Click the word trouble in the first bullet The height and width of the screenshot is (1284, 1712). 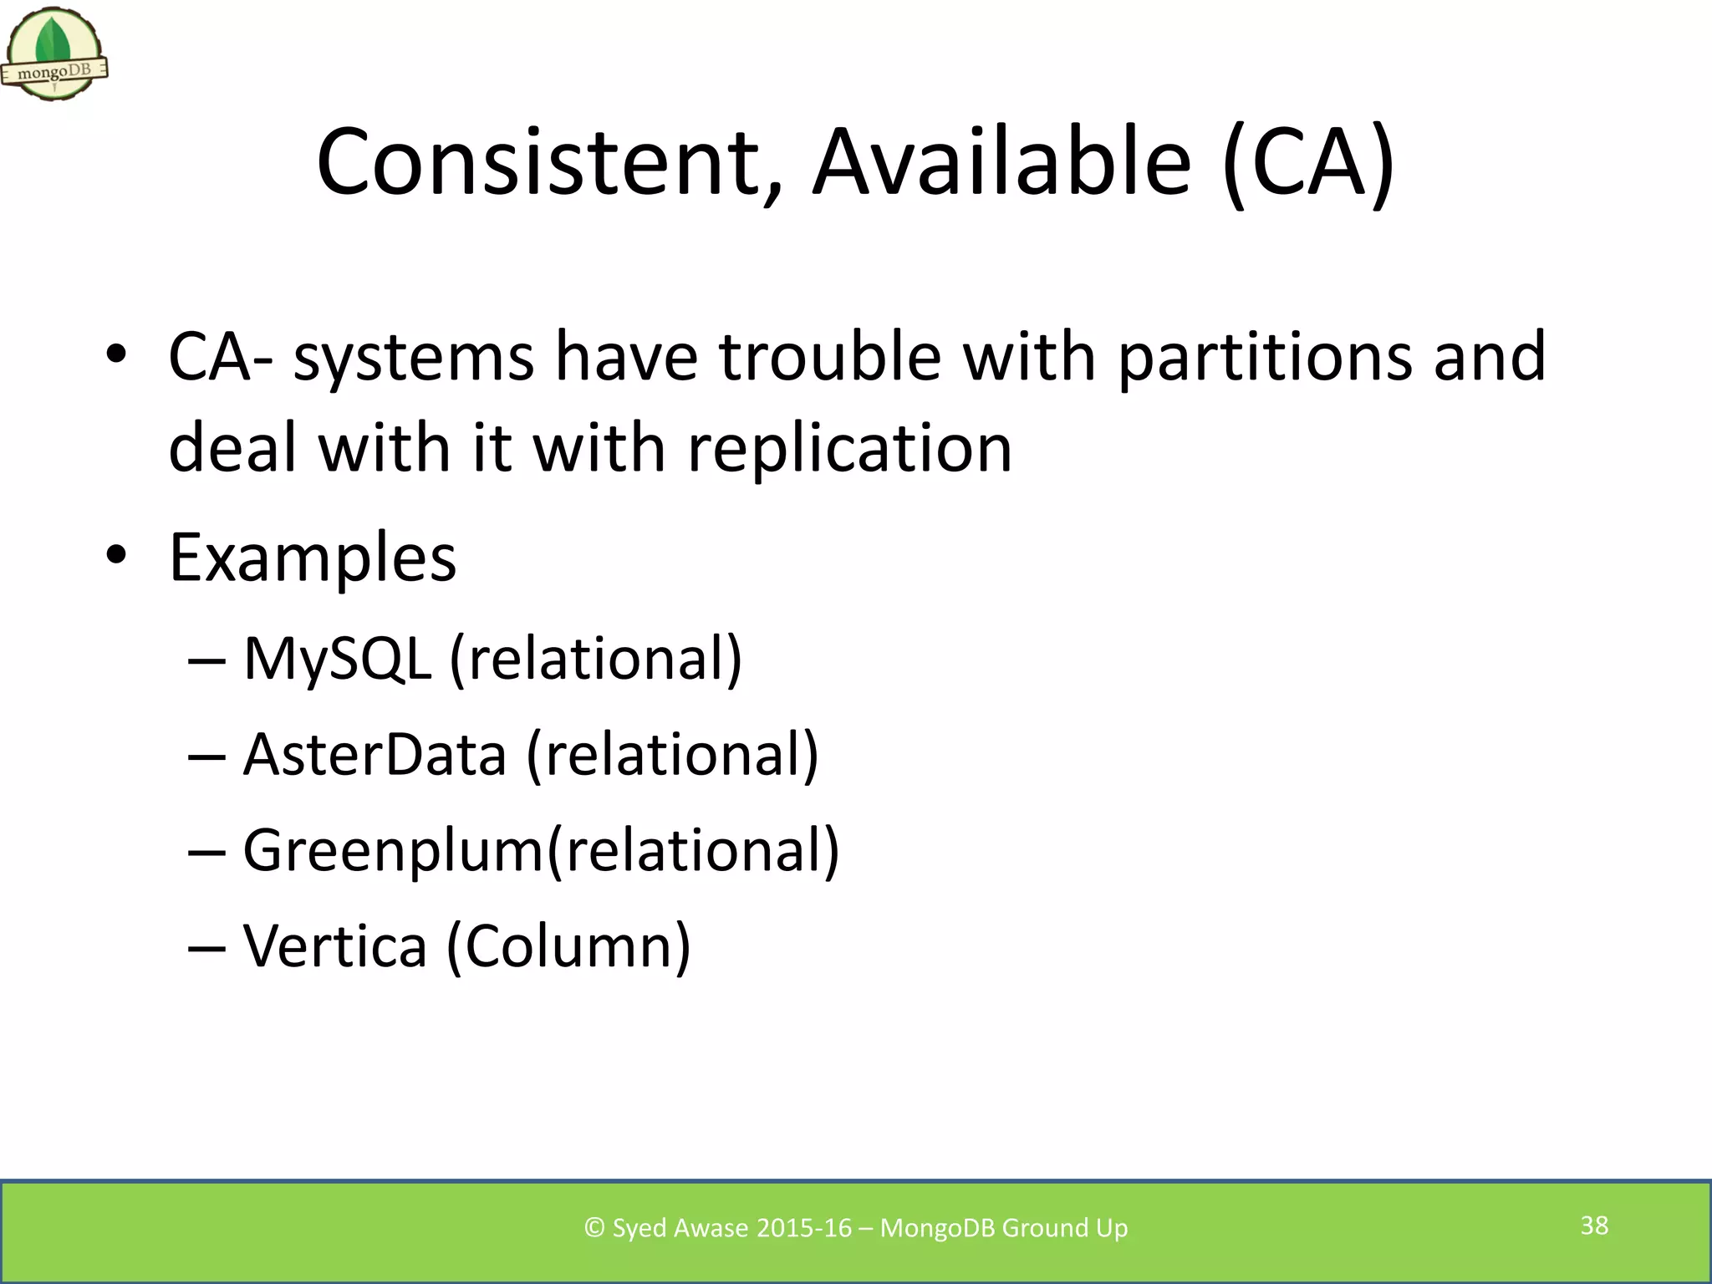click(x=829, y=357)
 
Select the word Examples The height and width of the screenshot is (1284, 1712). click(x=313, y=558)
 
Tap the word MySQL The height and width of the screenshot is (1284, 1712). click(x=337, y=660)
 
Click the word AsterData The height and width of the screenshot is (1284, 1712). click(x=374, y=755)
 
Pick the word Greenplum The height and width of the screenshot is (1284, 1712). click(x=393, y=851)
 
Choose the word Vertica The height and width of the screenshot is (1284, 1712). click(x=334, y=946)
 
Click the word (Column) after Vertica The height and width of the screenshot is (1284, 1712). click(x=568, y=946)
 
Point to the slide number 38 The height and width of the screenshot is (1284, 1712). click(x=1594, y=1225)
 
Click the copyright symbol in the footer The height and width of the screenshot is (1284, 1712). click(x=594, y=1228)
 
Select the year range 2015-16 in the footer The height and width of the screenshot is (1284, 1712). click(x=803, y=1228)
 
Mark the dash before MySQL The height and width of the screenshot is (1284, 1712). click(x=206, y=661)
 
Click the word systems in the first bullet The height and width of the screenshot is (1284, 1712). click(x=414, y=357)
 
